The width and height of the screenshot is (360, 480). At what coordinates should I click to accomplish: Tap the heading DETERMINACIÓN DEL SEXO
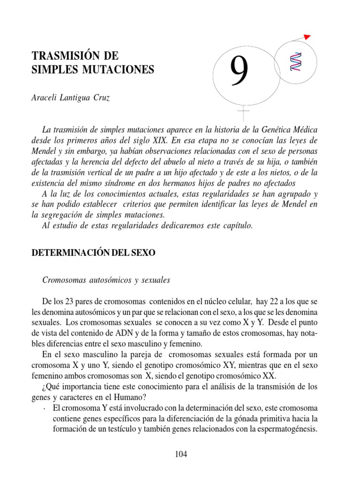click(93, 253)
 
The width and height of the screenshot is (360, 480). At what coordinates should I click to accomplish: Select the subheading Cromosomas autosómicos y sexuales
click(106, 280)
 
